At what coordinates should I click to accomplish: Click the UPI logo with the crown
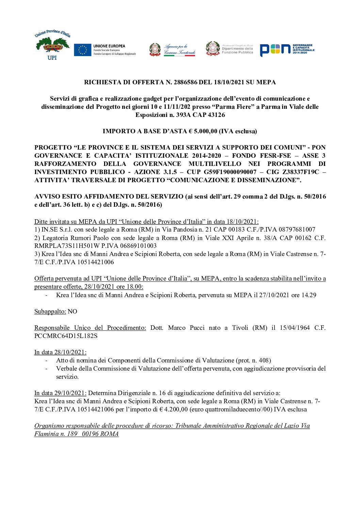(x=52, y=45)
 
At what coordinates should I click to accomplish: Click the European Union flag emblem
(x=82, y=50)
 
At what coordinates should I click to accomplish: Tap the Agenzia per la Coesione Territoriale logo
(x=173, y=50)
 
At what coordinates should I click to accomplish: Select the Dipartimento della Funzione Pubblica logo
(x=230, y=49)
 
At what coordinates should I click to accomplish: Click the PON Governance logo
(x=287, y=50)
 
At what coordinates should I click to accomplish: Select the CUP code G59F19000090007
(x=230, y=172)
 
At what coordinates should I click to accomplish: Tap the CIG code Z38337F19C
(x=301, y=172)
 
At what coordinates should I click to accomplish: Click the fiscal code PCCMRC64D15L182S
(x=66, y=336)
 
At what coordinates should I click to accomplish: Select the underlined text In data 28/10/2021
(x=60, y=352)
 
